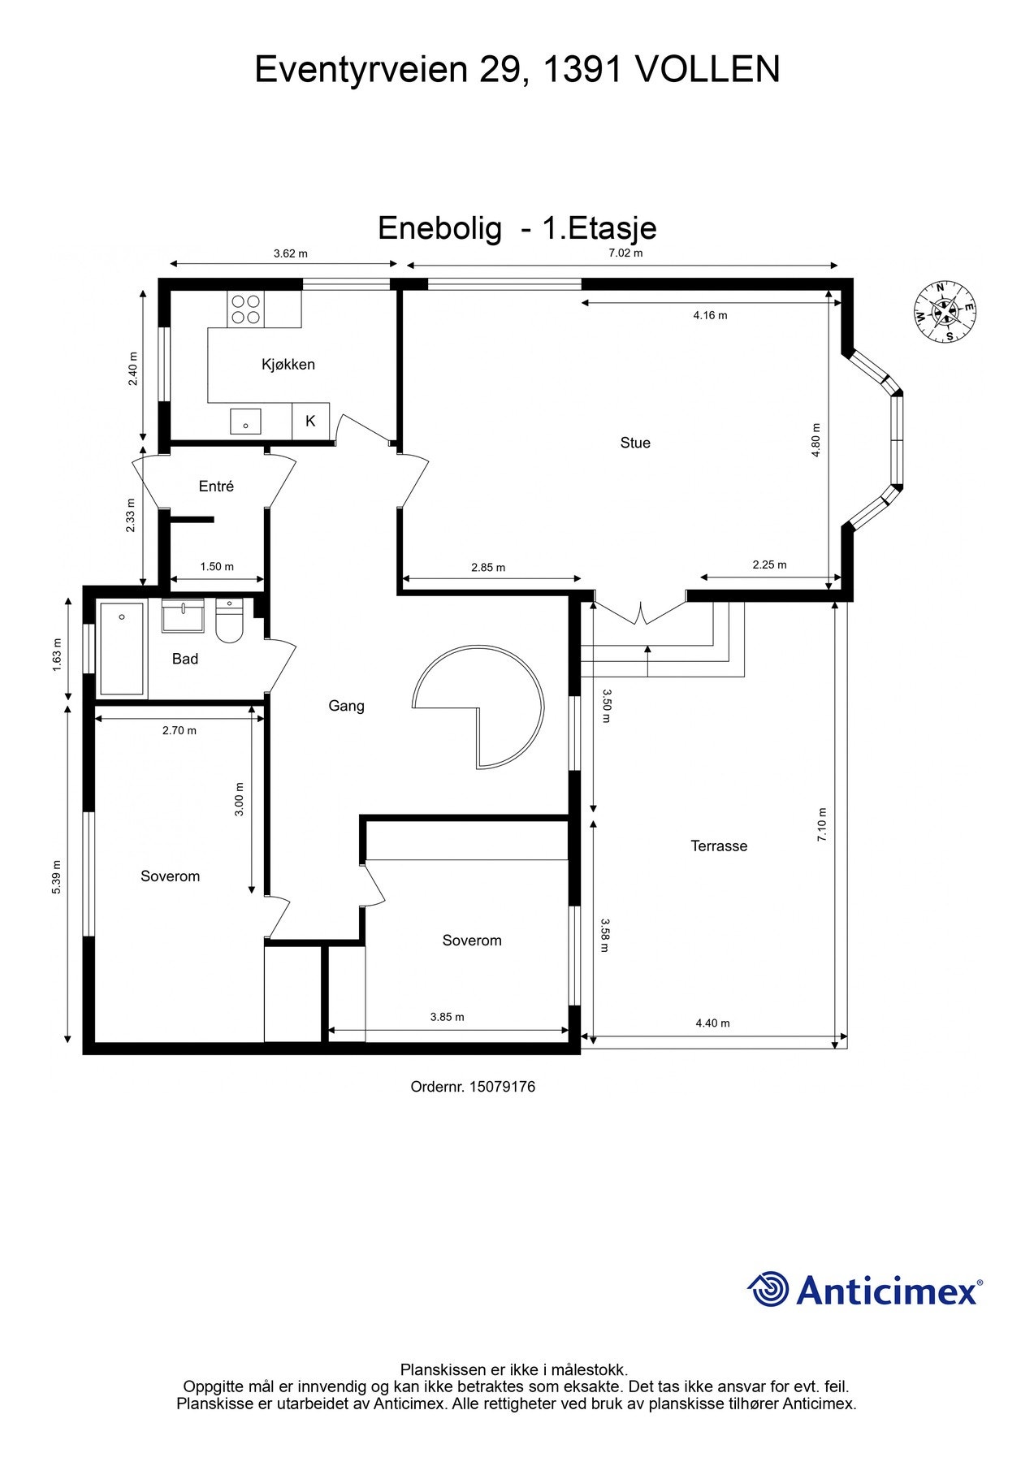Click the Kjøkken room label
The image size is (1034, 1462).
coord(288,365)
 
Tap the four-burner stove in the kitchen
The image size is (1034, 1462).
coord(245,309)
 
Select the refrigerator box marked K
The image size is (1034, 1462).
coord(310,422)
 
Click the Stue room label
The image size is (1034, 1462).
coord(634,443)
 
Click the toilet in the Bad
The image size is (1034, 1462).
coord(230,623)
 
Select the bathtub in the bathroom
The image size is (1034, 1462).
coord(122,649)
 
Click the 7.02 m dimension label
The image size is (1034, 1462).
coord(625,253)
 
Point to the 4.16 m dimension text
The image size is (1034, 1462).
coord(710,315)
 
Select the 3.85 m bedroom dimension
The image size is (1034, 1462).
coord(447,1017)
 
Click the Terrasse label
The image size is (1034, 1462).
coord(719,846)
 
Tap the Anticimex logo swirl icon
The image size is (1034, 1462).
coord(768,1289)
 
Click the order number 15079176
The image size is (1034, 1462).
coord(502,1087)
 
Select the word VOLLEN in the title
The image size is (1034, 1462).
coord(707,70)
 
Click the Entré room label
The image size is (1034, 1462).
coord(216,487)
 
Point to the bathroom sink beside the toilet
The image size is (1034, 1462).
coord(183,616)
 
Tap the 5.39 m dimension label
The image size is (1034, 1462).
coord(56,877)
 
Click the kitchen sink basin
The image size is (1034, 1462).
coord(245,422)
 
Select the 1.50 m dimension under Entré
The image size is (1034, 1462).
coord(217,567)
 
